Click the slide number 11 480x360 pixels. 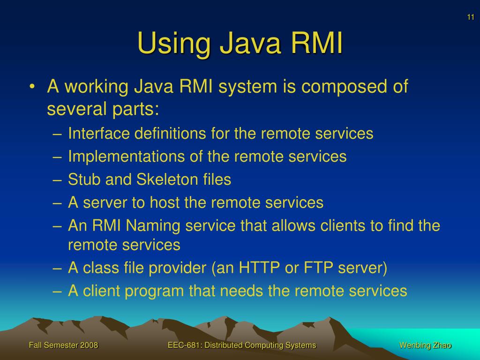(470, 17)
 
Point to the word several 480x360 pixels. (75, 109)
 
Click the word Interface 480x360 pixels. (98, 134)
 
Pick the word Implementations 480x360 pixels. (116, 157)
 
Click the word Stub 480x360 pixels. (83, 180)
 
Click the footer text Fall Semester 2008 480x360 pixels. (63, 345)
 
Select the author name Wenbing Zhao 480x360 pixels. (425, 345)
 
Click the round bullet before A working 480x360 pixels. (32, 87)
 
